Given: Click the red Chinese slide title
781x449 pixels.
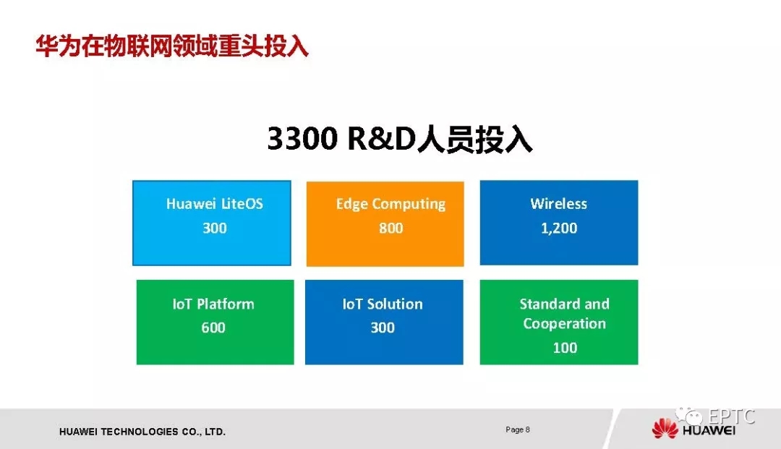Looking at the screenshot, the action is click(172, 46).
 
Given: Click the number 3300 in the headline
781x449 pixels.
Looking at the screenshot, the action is click(302, 138).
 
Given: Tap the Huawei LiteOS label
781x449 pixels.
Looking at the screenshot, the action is click(215, 204).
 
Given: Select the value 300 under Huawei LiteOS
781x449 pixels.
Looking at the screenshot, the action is click(215, 228).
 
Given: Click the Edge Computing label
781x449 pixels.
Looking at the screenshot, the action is click(390, 204).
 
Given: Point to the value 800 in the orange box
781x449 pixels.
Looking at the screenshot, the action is click(391, 228).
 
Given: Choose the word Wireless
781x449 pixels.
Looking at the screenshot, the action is click(559, 204).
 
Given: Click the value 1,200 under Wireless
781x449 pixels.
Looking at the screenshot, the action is click(559, 228).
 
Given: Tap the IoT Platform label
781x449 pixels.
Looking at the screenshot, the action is click(213, 304).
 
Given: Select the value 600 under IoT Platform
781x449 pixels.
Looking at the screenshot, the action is click(213, 328).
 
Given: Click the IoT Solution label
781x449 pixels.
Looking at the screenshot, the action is click(383, 304).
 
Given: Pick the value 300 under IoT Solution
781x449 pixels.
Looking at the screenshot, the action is click(383, 328).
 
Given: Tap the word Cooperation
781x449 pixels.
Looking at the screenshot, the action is click(564, 324).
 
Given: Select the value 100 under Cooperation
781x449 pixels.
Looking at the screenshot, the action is click(565, 348).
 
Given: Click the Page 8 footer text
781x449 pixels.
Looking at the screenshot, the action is click(518, 429).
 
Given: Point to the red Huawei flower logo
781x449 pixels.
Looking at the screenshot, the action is click(665, 429).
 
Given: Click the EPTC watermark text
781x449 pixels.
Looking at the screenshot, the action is click(731, 416).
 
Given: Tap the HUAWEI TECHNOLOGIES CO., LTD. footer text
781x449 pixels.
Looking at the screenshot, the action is click(142, 432).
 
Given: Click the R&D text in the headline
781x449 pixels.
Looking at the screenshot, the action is click(382, 138).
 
